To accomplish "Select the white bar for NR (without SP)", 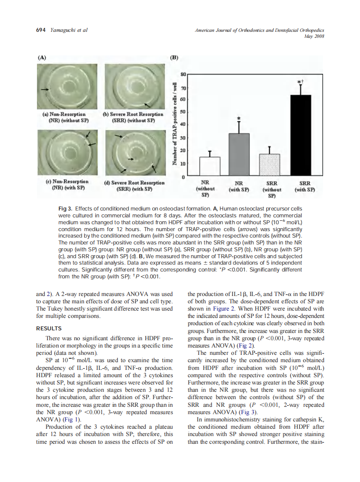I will [210, 167].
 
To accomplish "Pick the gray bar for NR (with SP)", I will [239, 155].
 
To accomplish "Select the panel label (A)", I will [42, 57].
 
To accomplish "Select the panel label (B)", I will [175, 57].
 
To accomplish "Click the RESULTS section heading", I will [49, 329].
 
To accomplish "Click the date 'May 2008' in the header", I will [314, 37].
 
